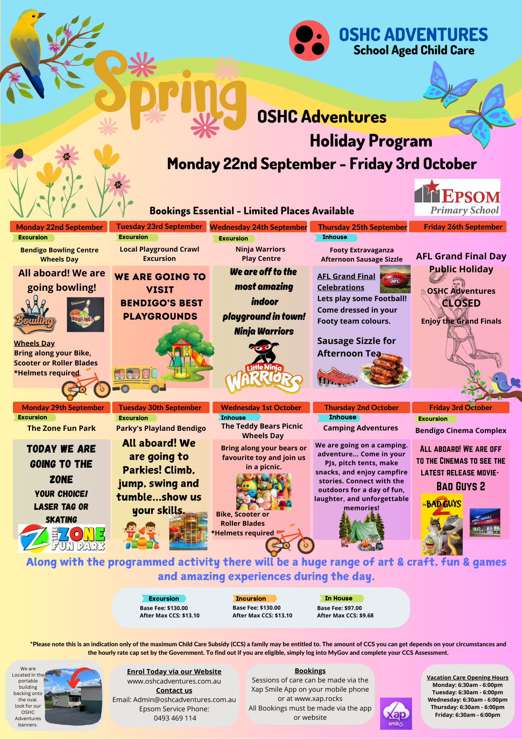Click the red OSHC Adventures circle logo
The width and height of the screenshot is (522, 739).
click(309, 41)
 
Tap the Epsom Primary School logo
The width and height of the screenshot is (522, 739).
click(457, 197)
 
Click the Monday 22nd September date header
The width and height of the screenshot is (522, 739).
click(59, 227)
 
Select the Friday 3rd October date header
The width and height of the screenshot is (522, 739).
click(460, 408)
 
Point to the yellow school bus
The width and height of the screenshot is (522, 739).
click(139, 379)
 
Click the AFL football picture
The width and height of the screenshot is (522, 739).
click(395, 279)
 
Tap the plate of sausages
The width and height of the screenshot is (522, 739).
click(384, 370)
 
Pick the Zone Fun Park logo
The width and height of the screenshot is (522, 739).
click(62, 538)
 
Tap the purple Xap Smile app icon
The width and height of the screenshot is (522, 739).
click(396, 714)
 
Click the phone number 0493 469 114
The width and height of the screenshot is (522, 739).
click(175, 718)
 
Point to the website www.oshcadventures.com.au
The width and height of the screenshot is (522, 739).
click(174, 681)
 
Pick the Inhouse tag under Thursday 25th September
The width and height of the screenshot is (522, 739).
click(336, 237)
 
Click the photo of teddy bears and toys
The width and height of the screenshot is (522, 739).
click(264, 492)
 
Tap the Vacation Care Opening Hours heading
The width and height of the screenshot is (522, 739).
click(467, 677)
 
